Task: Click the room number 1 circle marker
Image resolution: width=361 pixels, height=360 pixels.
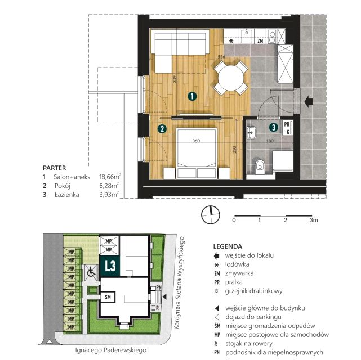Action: (x=192, y=96)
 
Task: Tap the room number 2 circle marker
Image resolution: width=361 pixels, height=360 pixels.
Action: (x=162, y=128)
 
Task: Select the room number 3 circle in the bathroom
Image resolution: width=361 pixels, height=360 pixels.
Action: (x=274, y=127)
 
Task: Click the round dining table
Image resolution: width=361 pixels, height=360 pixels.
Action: (x=231, y=78)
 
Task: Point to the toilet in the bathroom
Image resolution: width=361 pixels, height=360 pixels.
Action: (x=260, y=166)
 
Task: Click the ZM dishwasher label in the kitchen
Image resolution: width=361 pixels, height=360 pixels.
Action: (x=260, y=41)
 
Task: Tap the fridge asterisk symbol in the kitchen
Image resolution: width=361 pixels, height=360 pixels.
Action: (x=231, y=41)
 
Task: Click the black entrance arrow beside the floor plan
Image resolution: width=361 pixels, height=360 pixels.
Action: (x=309, y=101)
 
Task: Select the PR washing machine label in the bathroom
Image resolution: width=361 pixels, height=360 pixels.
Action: (x=287, y=124)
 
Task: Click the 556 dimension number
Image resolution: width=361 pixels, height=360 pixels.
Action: (x=221, y=56)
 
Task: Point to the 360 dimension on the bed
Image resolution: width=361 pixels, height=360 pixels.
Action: (x=196, y=141)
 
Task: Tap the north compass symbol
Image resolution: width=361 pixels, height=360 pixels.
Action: (x=211, y=215)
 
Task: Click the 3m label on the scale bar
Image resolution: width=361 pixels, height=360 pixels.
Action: (x=314, y=220)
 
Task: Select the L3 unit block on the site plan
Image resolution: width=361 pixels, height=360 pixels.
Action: (x=110, y=265)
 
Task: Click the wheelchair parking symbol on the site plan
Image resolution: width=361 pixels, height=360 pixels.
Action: (x=91, y=272)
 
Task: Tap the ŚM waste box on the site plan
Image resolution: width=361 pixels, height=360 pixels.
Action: (x=108, y=297)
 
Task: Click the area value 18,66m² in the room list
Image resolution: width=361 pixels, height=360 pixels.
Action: (x=110, y=177)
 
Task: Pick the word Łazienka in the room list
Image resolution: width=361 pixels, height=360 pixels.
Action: (x=67, y=195)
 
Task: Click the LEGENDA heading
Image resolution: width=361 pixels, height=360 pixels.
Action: (x=228, y=246)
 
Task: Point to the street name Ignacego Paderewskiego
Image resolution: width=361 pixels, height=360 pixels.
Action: (x=111, y=350)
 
